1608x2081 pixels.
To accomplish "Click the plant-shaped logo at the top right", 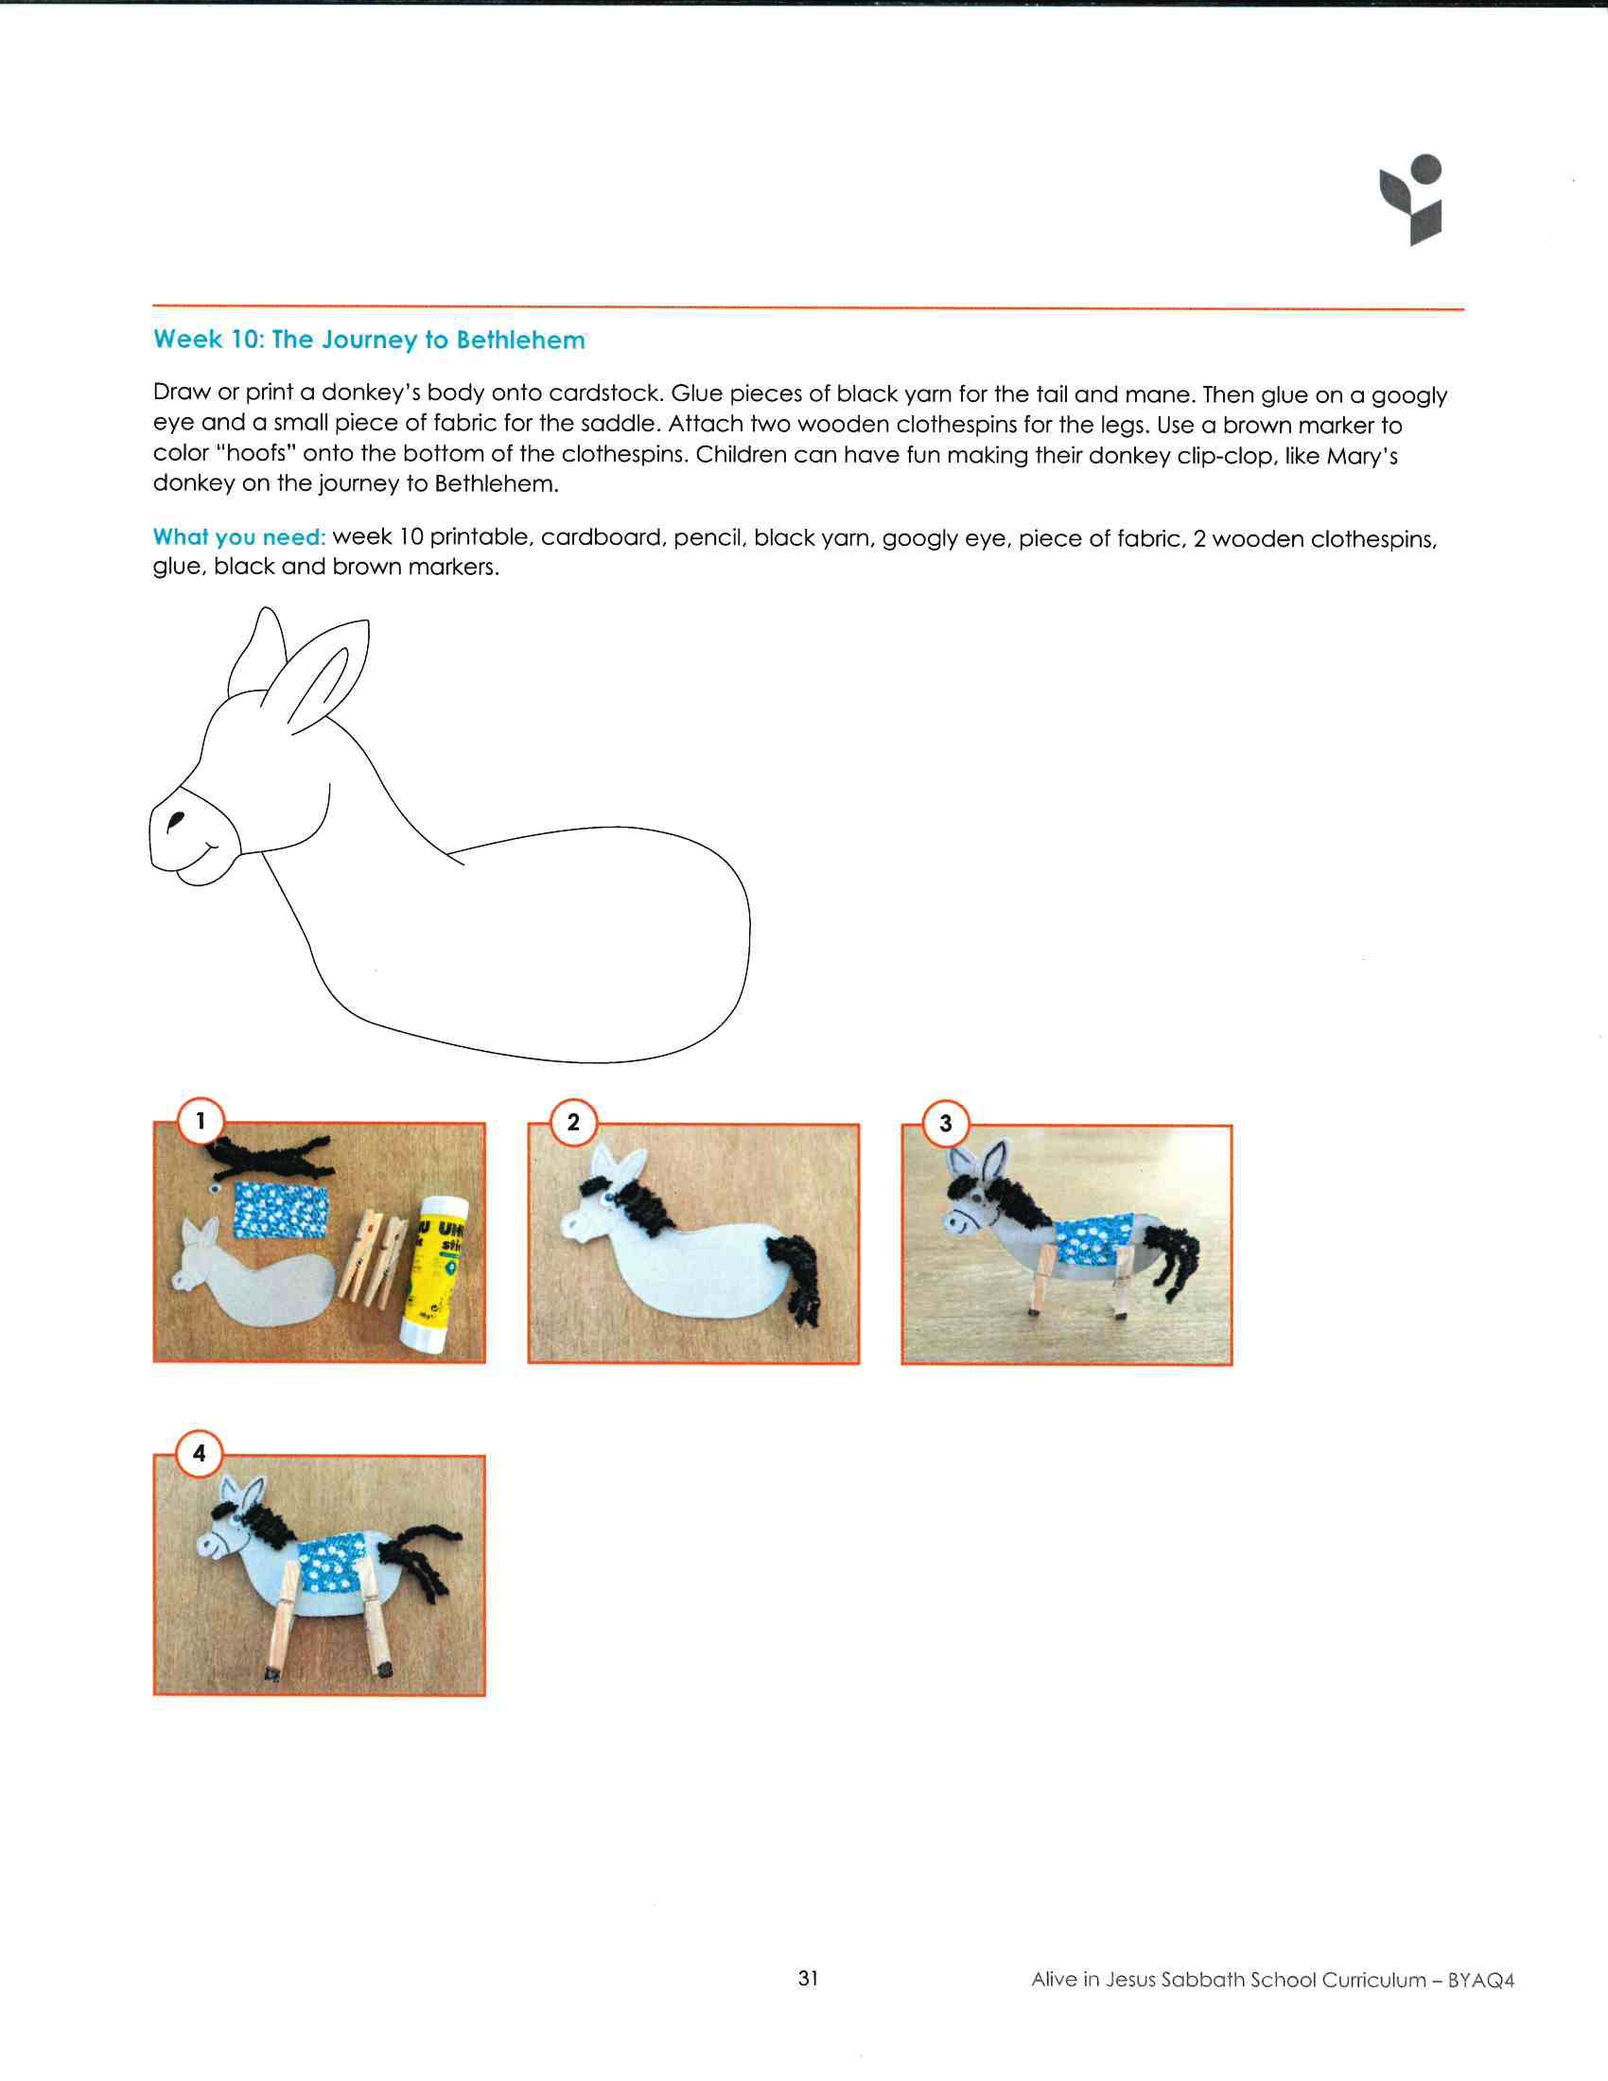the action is point(1412,200).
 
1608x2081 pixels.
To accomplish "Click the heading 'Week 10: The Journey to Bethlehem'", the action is point(369,340).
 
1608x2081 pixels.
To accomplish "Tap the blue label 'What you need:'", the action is point(239,536).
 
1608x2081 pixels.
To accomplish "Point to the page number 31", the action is point(808,1978).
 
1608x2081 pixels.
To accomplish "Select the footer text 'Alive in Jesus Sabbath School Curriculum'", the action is point(1228,1979).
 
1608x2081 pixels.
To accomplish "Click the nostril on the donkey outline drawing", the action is point(174,821).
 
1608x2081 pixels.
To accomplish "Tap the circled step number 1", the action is point(200,1121).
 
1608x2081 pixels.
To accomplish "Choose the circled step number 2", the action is point(573,1122).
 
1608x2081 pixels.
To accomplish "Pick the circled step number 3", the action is point(946,1123).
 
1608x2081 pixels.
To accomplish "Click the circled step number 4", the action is point(199,1453).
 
